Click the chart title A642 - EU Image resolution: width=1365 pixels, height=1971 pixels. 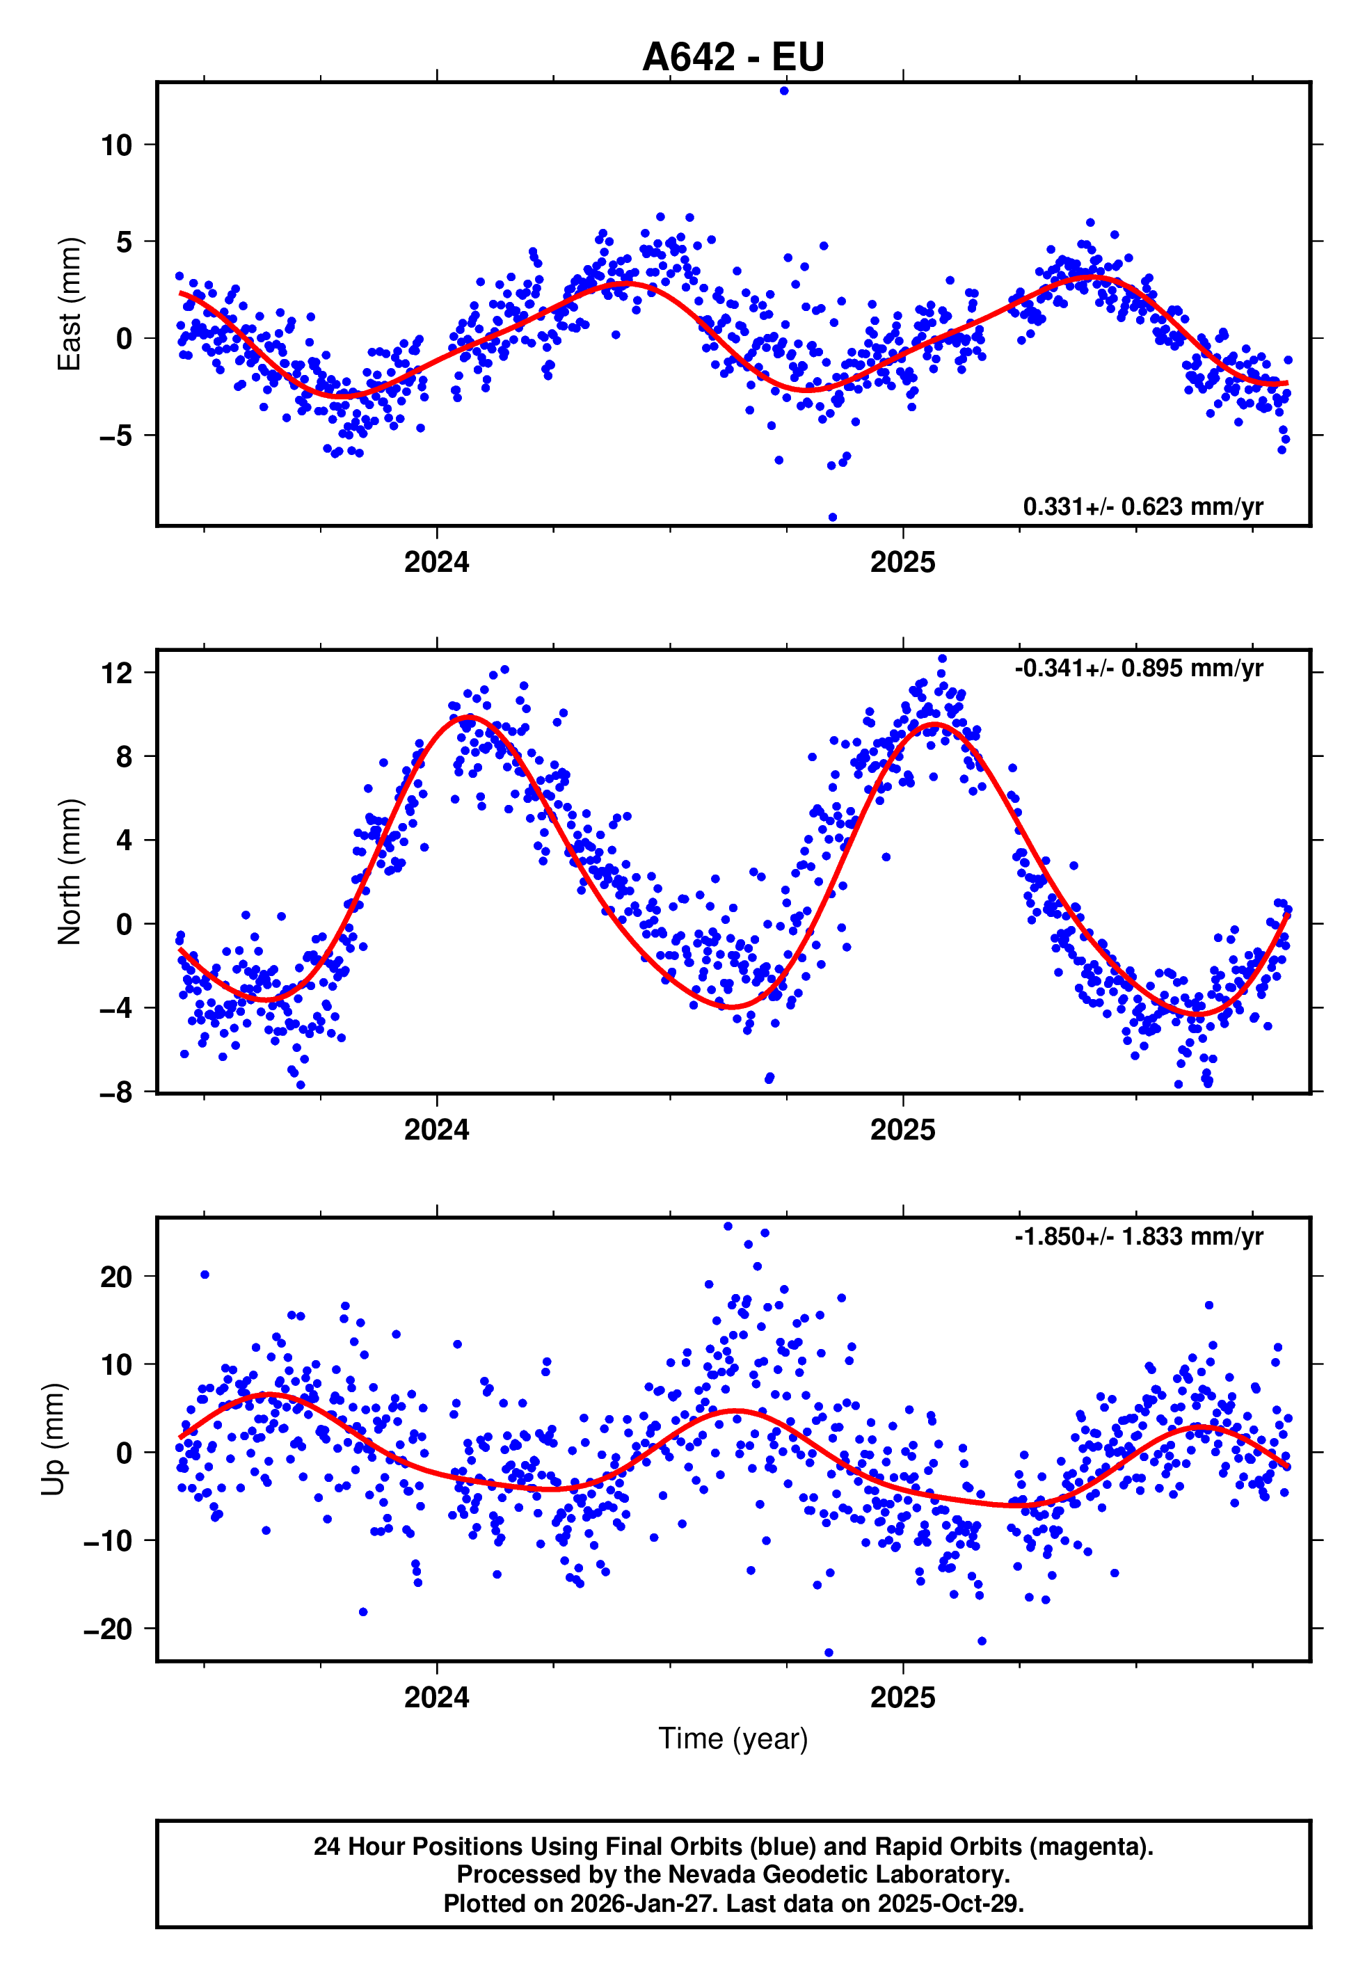click(x=733, y=57)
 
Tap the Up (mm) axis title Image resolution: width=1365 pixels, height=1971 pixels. click(x=53, y=1439)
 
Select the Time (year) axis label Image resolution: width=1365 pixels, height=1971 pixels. click(x=733, y=1739)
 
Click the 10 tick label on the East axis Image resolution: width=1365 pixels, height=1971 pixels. click(x=116, y=145)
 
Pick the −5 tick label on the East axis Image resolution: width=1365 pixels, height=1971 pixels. click(x=115, y=436)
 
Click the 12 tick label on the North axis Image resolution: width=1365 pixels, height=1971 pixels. click(x=116, y=673)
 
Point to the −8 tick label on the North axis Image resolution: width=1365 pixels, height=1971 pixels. click(x=115, y=1093)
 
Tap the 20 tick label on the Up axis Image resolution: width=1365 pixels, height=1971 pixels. click(x=116, y=1277)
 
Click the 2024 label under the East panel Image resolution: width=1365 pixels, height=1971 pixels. click(x=436, y=563)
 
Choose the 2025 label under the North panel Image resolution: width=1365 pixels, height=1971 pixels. click(x=902, y=1131)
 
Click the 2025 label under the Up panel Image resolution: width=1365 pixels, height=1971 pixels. click(x=902, y=1698)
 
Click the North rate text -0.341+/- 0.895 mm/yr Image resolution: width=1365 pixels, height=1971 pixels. click(x=1138, y=668)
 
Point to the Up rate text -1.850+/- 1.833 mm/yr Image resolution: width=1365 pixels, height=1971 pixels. click(x=1138, y=1236)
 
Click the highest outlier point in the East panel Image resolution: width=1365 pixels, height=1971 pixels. click(x=784, y=90)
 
